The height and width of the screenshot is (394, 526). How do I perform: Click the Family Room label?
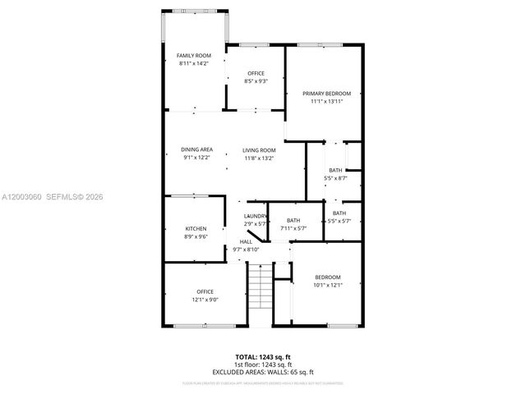point(194,55)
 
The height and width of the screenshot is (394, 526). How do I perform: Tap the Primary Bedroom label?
point(325,94)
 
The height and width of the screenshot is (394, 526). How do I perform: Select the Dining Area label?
point(197,149)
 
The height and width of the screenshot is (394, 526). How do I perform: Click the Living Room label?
point(259,150)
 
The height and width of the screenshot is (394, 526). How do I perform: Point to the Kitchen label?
point(195,228)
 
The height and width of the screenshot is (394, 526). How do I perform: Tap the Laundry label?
point(256,216)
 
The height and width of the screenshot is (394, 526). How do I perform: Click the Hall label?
point(246,242)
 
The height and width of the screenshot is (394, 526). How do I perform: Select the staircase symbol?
point(259,291)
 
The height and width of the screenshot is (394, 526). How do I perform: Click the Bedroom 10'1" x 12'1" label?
point(327,277)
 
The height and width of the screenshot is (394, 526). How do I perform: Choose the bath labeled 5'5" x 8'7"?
point(335,170)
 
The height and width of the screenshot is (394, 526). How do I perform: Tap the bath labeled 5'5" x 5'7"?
point(339,213)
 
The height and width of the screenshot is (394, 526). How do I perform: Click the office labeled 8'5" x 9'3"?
point(255,73)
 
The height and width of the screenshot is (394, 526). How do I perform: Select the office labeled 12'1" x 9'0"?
point(205,291)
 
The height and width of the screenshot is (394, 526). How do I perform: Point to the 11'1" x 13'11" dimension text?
point(325,102)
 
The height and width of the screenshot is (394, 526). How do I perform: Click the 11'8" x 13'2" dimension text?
point(259,158)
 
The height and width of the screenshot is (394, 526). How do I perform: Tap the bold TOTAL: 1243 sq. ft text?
point(263,357)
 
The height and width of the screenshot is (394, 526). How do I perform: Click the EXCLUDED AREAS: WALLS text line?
point(263,371)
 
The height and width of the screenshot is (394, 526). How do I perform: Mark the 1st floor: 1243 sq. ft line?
point(263,364)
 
